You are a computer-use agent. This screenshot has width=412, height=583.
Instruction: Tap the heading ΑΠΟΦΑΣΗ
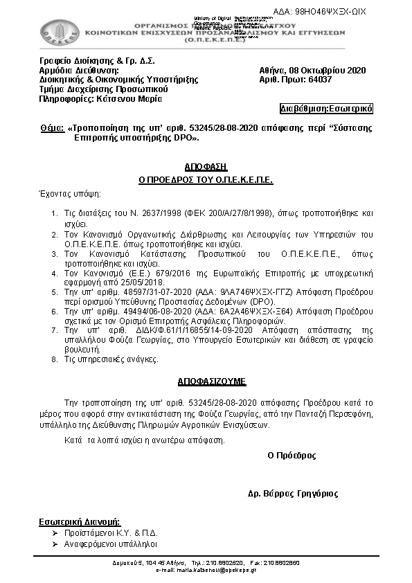[206, 168]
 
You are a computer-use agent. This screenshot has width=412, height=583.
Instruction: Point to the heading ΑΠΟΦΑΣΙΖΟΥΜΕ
[206, 382]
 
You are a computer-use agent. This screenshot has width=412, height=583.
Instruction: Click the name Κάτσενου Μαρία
[134, 98]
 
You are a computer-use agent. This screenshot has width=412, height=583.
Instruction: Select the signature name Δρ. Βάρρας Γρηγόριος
[293, 494]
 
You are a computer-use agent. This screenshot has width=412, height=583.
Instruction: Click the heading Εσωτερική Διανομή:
[78, 521]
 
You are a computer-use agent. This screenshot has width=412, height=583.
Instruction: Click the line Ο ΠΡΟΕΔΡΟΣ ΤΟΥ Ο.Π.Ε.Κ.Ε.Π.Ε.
[206, 179]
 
